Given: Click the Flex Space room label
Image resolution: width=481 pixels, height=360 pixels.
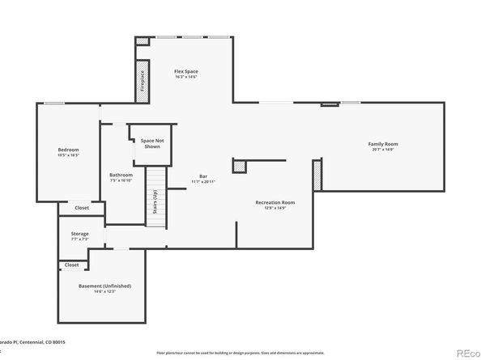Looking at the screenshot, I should click(x=186, y=71).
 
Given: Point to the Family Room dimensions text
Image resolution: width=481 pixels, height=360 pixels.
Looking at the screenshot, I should click(x=383, y=149).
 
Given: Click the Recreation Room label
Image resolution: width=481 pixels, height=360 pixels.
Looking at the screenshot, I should click(x=275, y=201).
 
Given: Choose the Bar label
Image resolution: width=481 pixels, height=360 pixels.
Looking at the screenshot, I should click(x=204, y=176).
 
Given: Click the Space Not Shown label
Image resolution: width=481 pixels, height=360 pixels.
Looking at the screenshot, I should click(x=151, y=143).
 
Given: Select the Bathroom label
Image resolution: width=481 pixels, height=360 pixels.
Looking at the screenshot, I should click(x=121, y=175).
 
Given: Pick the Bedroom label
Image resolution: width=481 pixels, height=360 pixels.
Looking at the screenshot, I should click(x=68, y=149).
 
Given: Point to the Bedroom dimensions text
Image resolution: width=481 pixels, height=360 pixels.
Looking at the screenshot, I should click(x=68, y=155).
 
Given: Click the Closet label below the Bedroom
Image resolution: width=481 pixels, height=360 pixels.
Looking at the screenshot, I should click(x=82, y=208).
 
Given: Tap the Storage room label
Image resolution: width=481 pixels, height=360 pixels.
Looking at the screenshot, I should click(x=79, y=233).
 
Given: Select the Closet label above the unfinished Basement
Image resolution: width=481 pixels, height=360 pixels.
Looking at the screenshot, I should click(x=71, y=265).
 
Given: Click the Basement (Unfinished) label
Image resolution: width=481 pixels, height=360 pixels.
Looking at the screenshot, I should click(x=105, y=286).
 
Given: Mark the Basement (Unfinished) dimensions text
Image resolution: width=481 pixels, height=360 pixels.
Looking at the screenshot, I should click(x=105, y=291).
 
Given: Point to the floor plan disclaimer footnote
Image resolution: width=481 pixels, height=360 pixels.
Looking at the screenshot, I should click(x=240, y=352).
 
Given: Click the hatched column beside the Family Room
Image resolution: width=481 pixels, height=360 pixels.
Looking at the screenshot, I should click(x=317, y=176).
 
